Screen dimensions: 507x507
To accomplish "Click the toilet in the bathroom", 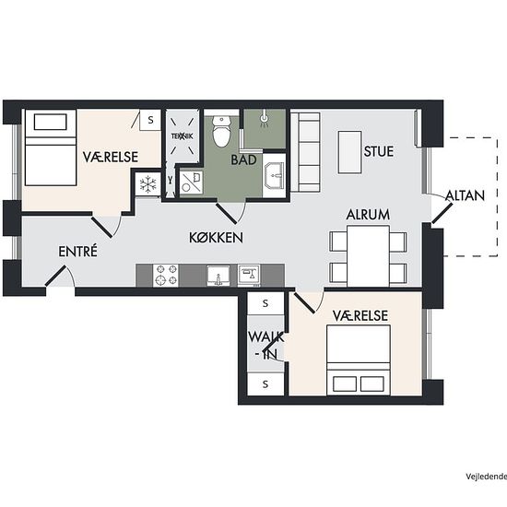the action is pos(221,131).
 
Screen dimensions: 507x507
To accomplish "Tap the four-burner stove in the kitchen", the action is pos(166,276).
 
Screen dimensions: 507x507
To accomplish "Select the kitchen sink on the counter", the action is pos(218,276).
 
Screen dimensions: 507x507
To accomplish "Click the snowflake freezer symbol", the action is pos(147,184).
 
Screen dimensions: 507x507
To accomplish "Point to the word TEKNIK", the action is pos(182,136).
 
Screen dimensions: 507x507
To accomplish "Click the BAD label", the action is pos(243,159).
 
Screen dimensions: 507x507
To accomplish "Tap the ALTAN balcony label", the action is pos(465,195).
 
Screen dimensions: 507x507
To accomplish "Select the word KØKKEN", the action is pos(216,238).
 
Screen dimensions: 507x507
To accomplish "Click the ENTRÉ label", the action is pos(77,251).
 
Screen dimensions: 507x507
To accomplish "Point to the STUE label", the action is pos(379,151).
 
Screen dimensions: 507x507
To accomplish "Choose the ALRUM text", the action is pos(368,215).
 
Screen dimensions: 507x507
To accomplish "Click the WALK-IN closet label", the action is pos(265,346).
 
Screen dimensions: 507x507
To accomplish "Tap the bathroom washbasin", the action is pos(275,175).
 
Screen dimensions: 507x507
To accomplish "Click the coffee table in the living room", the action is pos(349,152).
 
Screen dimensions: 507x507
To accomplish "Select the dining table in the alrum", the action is pos(368,256).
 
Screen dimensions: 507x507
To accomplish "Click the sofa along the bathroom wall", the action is pos(305,152).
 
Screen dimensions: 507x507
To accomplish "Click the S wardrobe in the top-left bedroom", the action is pos(150,120).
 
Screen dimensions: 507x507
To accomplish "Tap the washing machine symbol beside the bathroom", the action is pos(191,183).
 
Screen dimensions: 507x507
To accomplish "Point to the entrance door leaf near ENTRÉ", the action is pos(55,276).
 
